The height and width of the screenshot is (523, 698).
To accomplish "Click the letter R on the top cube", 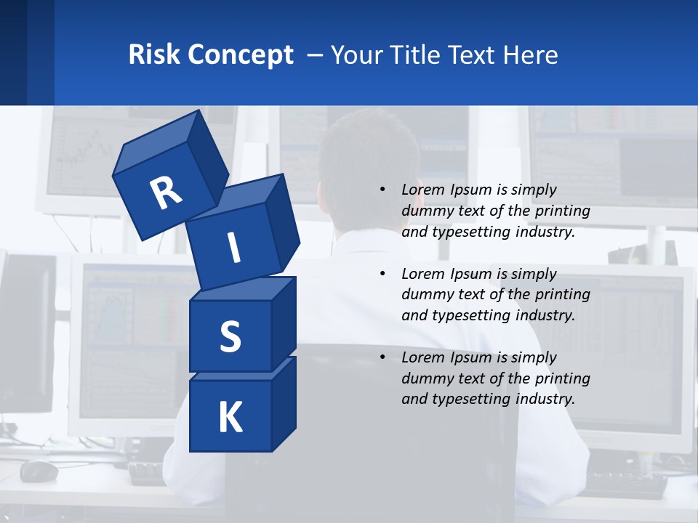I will click(166, 194).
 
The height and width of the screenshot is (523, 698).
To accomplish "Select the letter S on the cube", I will click(230, 336).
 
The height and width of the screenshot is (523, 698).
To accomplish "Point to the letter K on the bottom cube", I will click(230, 418).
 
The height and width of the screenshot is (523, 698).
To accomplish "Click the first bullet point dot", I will click(382, 190).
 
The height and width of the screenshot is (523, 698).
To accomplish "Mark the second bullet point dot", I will click(382, 274).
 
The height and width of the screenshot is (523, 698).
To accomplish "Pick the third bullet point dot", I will click(382, 357).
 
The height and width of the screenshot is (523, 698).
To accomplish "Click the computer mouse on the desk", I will click(39, 471).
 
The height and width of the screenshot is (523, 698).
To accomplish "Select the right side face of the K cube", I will click(284, 403).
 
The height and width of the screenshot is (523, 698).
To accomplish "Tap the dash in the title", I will click(316, 55).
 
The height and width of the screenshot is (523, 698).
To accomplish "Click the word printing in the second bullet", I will click(563, 294).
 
